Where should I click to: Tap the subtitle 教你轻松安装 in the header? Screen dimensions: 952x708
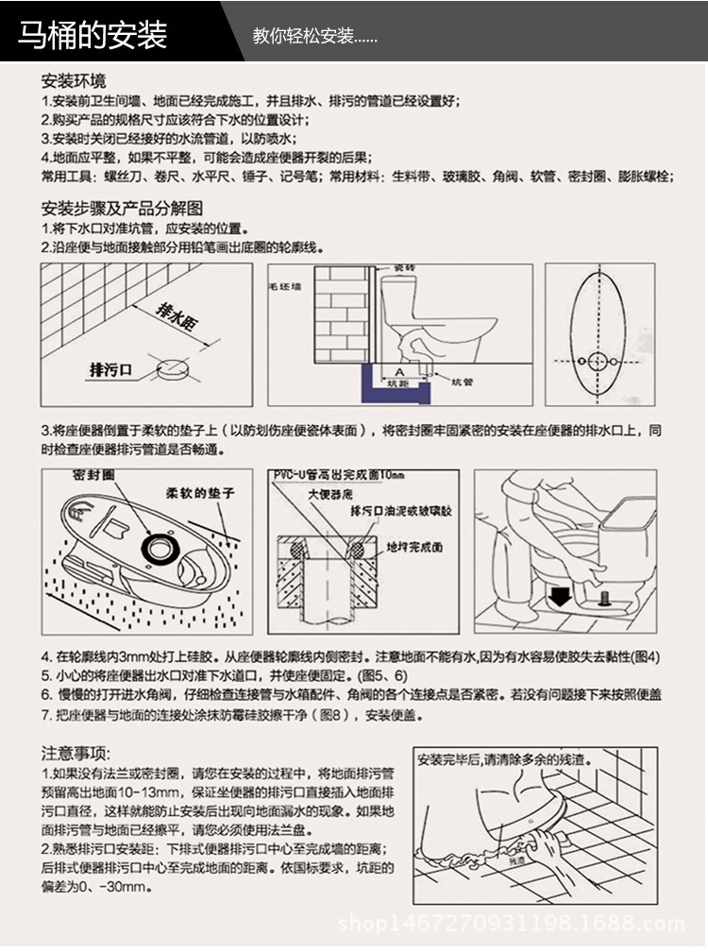315,37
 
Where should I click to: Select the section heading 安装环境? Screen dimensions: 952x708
74,80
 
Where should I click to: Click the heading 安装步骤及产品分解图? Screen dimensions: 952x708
122,208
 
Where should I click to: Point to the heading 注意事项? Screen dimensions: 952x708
76,752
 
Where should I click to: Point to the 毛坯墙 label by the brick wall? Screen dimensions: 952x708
284,285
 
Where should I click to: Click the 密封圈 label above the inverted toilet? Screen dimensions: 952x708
93,472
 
